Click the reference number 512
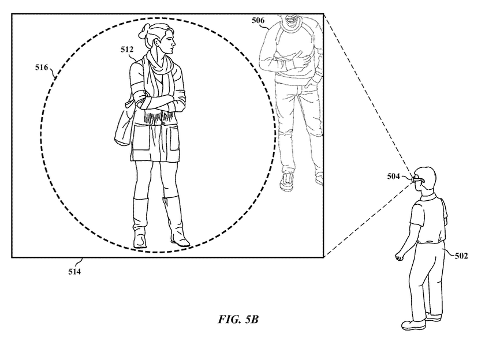pos(127,50)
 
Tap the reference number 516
pos(42,67)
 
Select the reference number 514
pos(74,272)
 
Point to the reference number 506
pos(258,20)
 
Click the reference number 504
pos(394,176)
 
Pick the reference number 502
pos(461,256)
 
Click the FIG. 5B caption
pos(238,319)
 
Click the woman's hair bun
pos(145,32)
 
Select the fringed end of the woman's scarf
pos(158,118)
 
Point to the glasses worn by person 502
pos(417,179)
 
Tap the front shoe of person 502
pos(413,325)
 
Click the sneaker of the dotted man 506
pos(287,182)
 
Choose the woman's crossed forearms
pos(161,103)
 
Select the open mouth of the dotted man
pos(292,20)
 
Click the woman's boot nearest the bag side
pos(140,223)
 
